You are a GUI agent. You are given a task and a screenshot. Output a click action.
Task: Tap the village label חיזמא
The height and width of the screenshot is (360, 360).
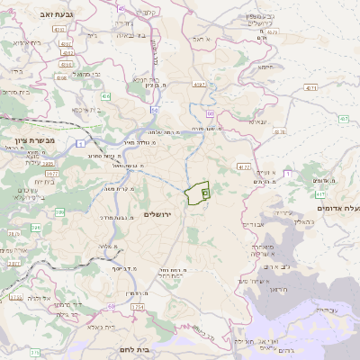(x=265, y=67)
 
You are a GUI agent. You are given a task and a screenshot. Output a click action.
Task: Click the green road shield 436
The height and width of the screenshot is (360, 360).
(x=106, y=94)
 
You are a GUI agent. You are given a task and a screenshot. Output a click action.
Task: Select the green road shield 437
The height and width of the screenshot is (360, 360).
(x=343, y=119)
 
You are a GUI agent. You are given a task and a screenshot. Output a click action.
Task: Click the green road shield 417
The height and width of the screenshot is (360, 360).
(x=320, y=194)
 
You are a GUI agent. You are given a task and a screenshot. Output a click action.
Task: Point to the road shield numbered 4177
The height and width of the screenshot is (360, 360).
(x=244, y=166)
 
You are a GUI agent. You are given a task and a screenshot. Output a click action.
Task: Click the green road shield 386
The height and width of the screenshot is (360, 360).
(x=35, y=214)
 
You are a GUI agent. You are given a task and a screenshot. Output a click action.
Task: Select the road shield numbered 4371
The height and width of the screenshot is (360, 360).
(x=310, y=88)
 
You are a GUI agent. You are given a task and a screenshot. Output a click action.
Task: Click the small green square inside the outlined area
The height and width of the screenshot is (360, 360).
(x=205, y=193)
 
